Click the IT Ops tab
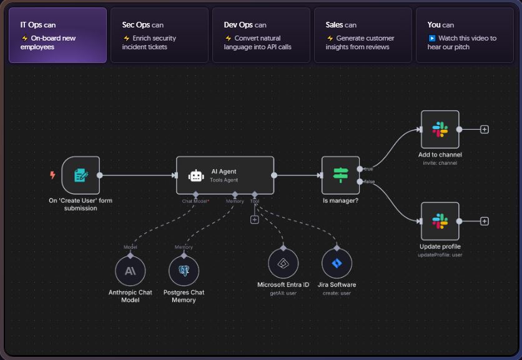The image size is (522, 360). pyautogui.click(x=57, y=35)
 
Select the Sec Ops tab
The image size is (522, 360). pyautogui.click(x=159, y=35)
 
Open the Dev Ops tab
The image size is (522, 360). pyautogui.click(x=261, y=35)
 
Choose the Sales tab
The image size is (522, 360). pyautogui.click(x=363, y=35)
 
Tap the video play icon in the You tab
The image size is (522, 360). pyautogui.click(x=432, y=39)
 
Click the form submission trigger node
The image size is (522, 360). pyautogui.click(x=81, y=175)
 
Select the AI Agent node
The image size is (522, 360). pyautogui.click(x=225, y=175)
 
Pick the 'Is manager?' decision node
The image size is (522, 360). pyautogui.click(x=340, y=175)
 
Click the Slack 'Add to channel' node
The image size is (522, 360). pyautogui.click(x=440, y=130)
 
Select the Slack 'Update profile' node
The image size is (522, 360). pyautogui.click(x=440, y=221)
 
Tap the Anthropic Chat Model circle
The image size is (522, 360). pyautogui.click(x=130, y=271)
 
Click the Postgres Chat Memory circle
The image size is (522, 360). pyautogui.click(x=184, y=271)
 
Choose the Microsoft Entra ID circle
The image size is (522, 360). pyautogui.click(x=283, y=263)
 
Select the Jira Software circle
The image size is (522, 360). pyautogui.click(x=337, y=263)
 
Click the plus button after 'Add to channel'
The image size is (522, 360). pyautogui.click(x=485, y=130)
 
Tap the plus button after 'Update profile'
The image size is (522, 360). pyautogui.click(x=485, y=221)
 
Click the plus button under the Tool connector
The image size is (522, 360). pyautogui.click(x=254, y=220)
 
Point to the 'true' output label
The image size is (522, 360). pyautogui.click(x=369, y=169)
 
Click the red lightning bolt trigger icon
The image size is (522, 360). pyautogui.click(x=52, y=175)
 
